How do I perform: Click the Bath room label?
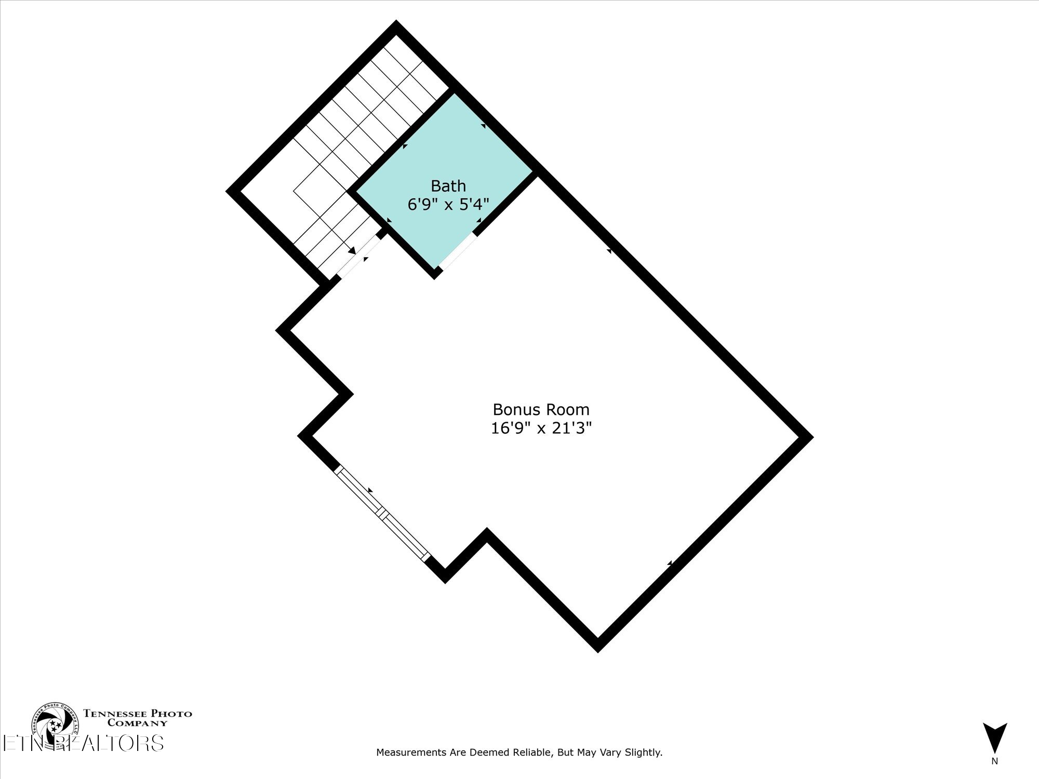[448, 186]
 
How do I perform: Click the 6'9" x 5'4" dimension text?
[448, 205]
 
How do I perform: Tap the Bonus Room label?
[541, 410]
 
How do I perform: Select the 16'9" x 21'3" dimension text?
[541, 428]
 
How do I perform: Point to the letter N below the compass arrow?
[994, 762]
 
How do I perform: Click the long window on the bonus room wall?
[382, 513]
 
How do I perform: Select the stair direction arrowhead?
[353, 251]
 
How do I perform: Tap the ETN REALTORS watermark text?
[83, 743]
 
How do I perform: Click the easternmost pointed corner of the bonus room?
[807, 437]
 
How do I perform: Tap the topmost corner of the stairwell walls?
[396, 26]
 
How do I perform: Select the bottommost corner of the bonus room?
[598, 647]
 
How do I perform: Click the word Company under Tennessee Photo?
[137, 723]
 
